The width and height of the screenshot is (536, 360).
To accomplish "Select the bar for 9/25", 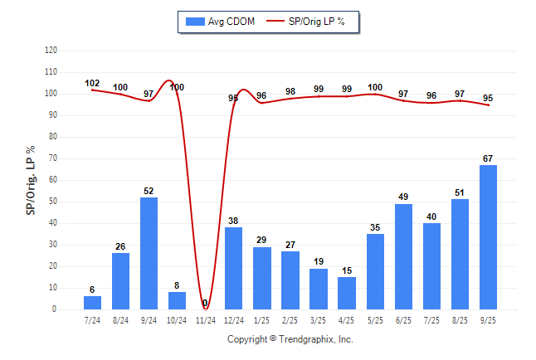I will click(x=489, y=237).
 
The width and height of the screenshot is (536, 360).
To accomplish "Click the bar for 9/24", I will click(x=149, y=253).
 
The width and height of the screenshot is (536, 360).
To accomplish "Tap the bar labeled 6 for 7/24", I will click(x=93, y=303).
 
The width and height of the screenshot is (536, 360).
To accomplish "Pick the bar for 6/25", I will click(x=404, y=256).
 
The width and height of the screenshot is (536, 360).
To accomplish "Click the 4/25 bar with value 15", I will click(x=347, y=293).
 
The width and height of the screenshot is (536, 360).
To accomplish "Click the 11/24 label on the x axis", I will click(x=206, y=319).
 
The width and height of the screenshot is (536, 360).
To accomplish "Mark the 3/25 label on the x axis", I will click(x=319, y=319).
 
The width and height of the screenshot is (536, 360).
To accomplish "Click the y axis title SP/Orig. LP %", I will click(x=31, y=179).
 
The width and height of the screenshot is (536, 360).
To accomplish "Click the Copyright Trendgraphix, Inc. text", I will click(x=290, y=339).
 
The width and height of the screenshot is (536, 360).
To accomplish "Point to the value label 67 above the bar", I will click(x=489, y=158).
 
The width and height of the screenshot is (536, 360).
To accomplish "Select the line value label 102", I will click(x=92, y=83).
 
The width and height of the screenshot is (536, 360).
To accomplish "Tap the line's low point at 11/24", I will click(x=206, y=308).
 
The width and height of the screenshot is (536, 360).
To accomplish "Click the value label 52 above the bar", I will click(x=149, y=191).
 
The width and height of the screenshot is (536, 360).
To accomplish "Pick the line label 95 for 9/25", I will click(x=489, y=97).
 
